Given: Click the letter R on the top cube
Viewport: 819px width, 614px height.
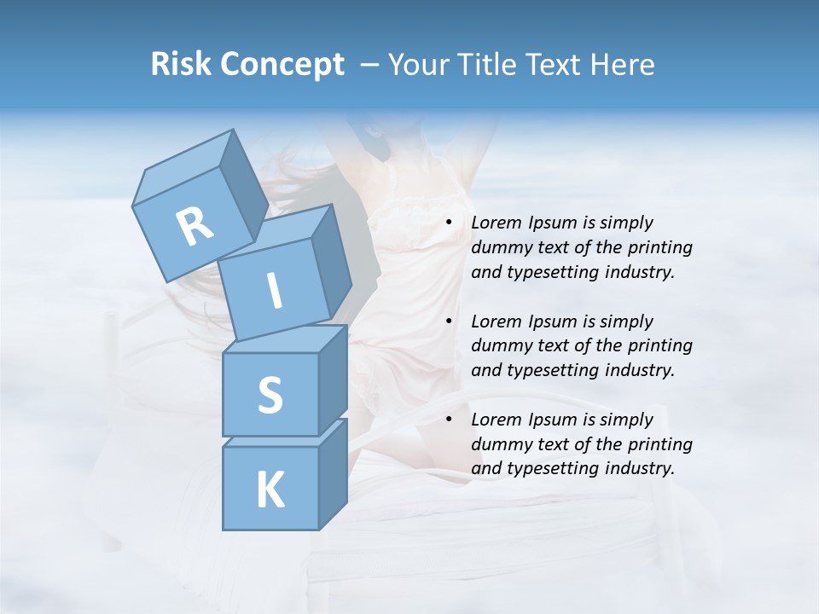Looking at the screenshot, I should [195, 226].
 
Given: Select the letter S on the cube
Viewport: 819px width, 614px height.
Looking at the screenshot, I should [270, 395].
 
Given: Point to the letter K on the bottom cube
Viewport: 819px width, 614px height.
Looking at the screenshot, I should [270, 489].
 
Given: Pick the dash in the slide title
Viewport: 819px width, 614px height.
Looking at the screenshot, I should [370, 65].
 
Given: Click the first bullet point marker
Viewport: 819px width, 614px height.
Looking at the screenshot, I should [449, 223].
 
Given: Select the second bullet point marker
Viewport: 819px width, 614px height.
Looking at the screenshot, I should [449, 322].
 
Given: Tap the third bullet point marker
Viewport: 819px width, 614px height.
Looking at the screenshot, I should [449, 420].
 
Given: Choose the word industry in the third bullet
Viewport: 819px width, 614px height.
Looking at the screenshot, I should [644, 468].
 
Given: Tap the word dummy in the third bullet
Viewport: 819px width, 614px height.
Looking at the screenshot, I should [497, 444].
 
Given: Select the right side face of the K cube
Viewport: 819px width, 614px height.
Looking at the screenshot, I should [333, 473].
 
